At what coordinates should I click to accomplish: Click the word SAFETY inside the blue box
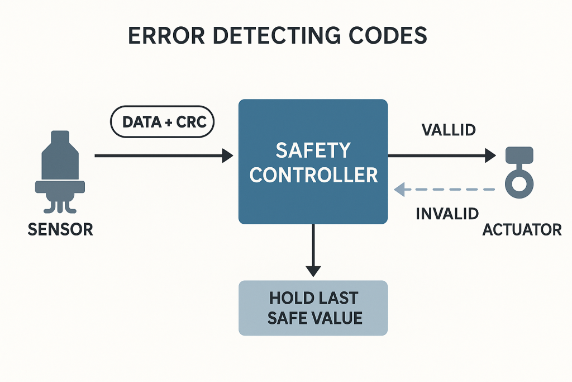click(313, 150)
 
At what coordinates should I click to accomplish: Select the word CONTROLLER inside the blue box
click(313, 175)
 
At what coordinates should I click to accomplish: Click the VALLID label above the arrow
click(449, 130)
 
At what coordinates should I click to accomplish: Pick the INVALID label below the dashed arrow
click(447, 213)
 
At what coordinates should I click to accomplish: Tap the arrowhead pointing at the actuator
click(490, 155)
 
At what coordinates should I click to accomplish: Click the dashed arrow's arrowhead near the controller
click(399, 190)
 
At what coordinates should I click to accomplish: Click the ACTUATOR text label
click(522, 229)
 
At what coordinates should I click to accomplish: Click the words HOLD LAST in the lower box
click(313, 298)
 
